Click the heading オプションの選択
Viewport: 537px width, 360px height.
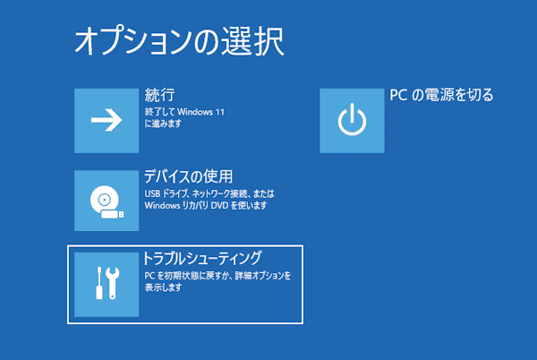(179, 40)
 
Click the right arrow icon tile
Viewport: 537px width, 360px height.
(107, 121)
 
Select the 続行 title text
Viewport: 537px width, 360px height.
(158, 94)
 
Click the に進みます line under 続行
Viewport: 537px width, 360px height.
(163, 124)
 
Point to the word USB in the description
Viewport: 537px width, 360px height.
(153, 193)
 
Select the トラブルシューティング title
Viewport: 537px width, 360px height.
(202, 259)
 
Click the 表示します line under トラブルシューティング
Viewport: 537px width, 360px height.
(163, 288)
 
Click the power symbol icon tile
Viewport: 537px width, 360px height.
(352, 121)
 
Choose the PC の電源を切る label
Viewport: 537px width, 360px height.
(441, 94)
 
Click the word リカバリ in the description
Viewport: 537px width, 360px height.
(196, 205)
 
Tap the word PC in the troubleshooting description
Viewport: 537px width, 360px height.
(149, 276)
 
